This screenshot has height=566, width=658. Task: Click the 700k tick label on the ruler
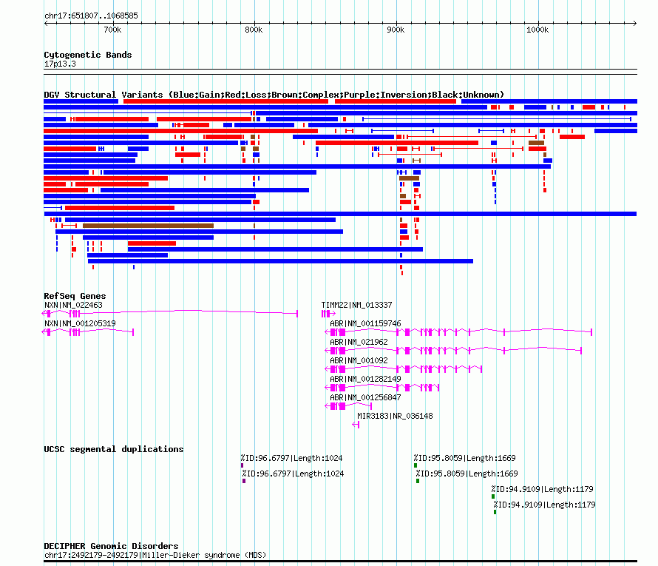112,30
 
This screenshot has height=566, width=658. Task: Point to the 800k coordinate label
254,30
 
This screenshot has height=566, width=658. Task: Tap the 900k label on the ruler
396,30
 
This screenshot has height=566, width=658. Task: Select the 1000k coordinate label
537,30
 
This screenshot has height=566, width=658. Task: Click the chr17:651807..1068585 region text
91,16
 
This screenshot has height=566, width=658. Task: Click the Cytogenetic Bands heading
88,55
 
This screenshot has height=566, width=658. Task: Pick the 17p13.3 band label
60,64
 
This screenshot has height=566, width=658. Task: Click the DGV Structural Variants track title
274,95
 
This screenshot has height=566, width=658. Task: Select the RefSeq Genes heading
75,296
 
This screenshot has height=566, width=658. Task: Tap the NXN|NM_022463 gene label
73,306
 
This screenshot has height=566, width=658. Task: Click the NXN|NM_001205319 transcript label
80,324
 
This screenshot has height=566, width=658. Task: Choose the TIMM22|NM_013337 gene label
356,306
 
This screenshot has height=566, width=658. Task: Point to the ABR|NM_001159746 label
365,324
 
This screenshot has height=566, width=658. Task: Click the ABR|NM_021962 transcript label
359,343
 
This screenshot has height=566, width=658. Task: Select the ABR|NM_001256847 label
365,397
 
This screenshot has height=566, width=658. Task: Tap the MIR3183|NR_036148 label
395,416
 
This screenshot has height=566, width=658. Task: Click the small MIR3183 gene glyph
356,425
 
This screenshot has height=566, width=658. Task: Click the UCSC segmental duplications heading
114,449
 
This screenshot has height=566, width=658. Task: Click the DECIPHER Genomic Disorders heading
111,546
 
